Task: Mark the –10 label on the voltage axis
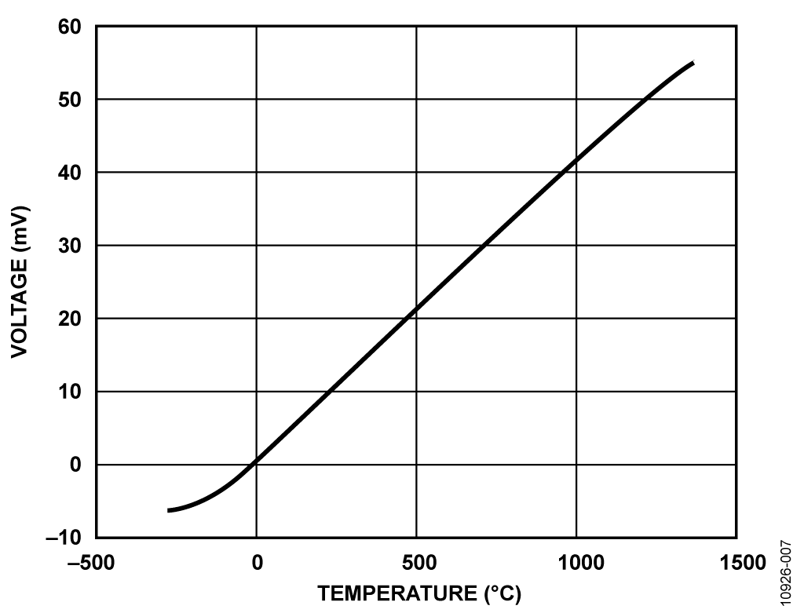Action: (x=65, y=538)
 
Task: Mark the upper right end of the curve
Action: (x=693, y=63)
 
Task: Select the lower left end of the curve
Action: (x=169, y=511)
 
